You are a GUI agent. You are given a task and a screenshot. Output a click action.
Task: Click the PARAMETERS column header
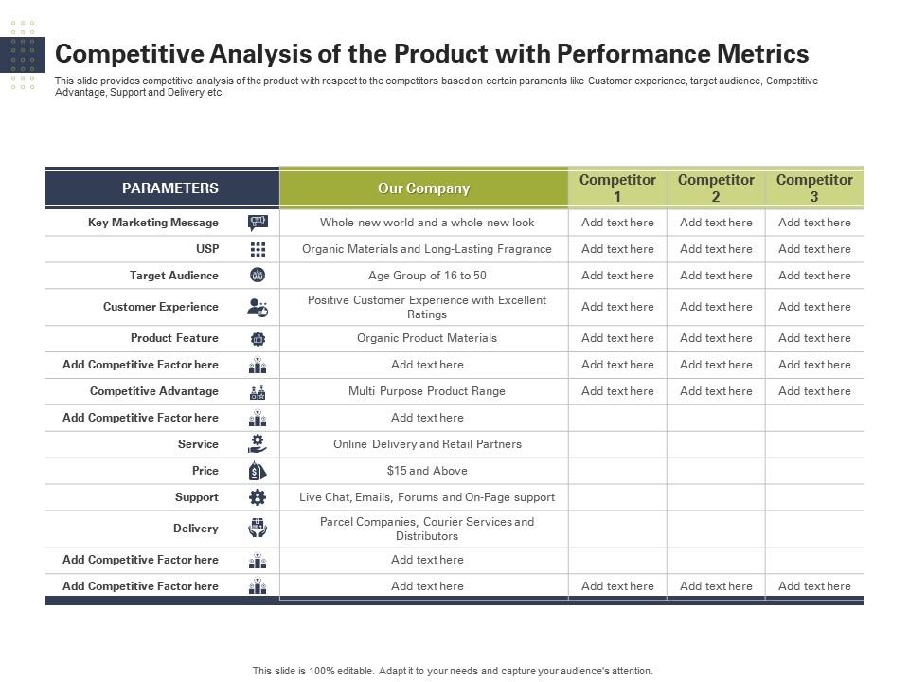click(169, 188)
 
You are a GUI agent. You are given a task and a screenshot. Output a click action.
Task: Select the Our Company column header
click(424, 188)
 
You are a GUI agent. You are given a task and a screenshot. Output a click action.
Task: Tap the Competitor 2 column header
click(716, 188)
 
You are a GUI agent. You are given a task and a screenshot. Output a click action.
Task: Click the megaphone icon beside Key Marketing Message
click(258, 223)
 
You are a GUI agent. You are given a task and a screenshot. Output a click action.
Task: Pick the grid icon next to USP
click(258, 249)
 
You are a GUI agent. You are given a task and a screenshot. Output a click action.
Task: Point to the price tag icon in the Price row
click(258, 471)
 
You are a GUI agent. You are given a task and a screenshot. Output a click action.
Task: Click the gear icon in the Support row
click(258, 497)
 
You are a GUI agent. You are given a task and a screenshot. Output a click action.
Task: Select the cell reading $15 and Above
click(427, 471)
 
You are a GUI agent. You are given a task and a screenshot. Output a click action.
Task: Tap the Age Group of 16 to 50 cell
click(427, 276)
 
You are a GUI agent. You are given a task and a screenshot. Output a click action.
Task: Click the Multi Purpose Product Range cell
click(427, 391)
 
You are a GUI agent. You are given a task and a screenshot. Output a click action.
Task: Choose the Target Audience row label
click(174, 276)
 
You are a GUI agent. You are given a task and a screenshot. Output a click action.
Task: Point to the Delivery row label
click(196, 529)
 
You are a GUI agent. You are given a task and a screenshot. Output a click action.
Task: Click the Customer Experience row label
click(161, 307)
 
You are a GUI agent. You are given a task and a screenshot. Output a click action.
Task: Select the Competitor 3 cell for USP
click(814, 249)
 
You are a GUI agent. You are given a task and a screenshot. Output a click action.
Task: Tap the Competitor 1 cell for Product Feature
click(617, 338)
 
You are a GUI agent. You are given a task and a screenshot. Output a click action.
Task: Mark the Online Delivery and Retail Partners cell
click(427, 444)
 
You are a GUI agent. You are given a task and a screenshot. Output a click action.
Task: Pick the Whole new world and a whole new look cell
click(427, 222)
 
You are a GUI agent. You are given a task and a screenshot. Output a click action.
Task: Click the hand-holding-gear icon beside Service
click(258, 444)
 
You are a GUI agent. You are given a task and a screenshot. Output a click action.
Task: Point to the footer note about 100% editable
click(453, 671)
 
